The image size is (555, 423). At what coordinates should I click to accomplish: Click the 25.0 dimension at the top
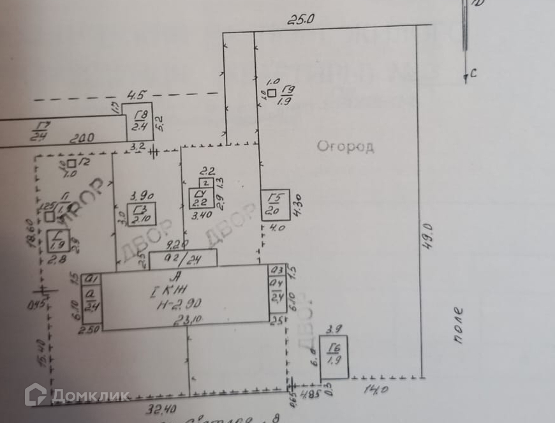[301, 19]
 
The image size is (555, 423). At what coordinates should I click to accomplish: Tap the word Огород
[345, 147]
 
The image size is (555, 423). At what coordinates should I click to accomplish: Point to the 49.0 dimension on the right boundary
[428, 235]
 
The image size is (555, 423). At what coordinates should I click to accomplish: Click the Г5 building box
[276, 205]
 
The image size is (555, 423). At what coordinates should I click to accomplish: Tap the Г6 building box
[334, 356]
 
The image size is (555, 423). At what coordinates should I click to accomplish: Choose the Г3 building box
[141, 216]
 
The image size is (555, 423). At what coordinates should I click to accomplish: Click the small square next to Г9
[272, 93]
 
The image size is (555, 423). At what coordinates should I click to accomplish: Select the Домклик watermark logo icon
[36, 394]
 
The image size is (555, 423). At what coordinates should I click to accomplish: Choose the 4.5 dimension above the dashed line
[135, 96]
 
